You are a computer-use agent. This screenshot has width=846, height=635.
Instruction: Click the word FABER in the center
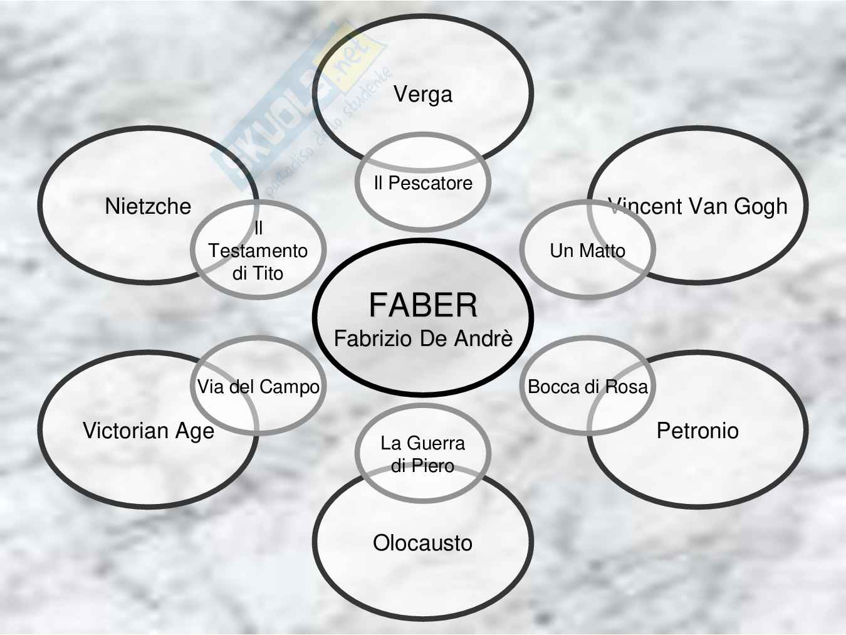(423, 305)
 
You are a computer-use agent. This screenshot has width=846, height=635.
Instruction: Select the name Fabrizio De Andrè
(423, 338)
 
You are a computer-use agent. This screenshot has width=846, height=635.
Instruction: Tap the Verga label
(423, 94)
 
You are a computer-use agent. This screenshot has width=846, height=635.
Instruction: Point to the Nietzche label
(148, 206)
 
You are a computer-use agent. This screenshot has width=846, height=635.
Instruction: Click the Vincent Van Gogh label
(697, 206)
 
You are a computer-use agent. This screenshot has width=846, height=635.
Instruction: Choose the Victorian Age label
(149, 431)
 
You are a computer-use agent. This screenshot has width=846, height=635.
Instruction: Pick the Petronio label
(697, 431)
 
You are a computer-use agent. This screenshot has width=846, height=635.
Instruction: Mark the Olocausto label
(422, 543)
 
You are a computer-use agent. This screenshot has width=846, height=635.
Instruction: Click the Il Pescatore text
(423, 183)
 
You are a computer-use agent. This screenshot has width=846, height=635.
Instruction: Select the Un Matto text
(587, 251)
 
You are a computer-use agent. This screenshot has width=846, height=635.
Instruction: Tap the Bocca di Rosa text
(587, 387)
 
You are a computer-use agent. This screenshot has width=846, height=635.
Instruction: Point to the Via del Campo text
(258, 387)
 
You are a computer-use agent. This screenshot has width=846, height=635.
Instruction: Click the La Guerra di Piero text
(422, 454)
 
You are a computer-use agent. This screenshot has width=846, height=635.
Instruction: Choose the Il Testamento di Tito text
(258, 251)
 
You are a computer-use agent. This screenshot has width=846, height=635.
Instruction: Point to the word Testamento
(258, 251)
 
